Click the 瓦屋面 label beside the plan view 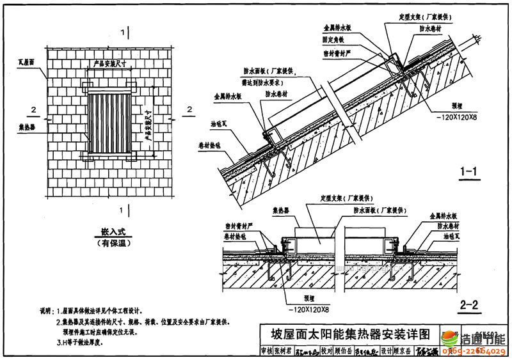(x=28, y=63)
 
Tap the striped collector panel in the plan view (x=116, y=122)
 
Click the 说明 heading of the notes (x=47, y=310)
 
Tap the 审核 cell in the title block (x=267, y=351)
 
